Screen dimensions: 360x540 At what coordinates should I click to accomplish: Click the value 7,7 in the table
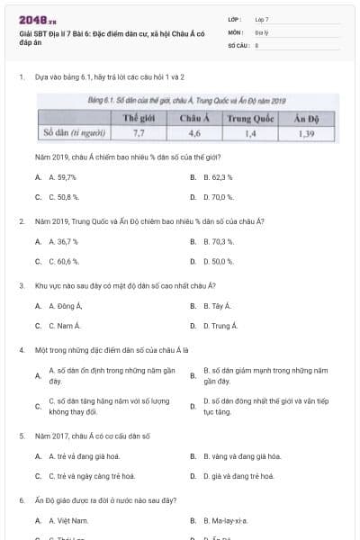(x=139, y=132)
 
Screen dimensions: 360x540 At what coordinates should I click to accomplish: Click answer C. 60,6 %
(x=63, y=261)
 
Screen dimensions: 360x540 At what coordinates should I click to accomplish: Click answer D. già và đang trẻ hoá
(x=246, y=475)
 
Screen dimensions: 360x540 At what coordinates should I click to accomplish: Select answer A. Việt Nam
(x=68, y=520)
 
